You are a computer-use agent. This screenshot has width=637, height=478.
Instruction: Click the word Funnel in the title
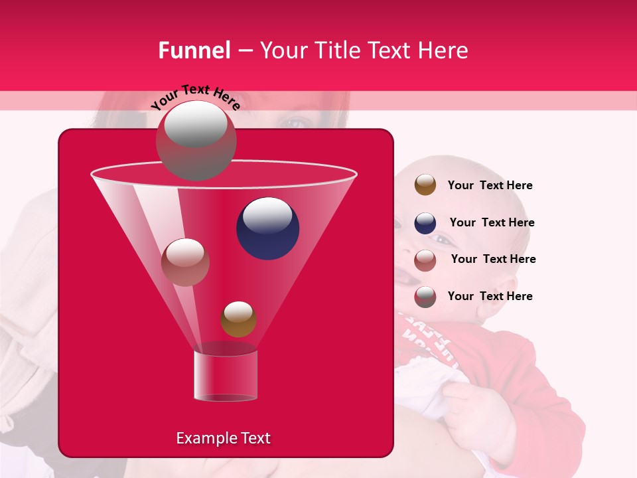pos(194,50)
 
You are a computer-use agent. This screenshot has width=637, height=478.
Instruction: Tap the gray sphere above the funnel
pos(196,140)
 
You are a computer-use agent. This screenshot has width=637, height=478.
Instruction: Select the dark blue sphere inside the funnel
pos(267,228)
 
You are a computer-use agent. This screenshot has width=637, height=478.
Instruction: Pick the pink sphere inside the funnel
pos(185,262)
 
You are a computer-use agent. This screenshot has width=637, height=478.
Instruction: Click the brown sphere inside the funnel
pos(238,319)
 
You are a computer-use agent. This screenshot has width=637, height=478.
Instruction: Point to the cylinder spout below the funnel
pos(225,376)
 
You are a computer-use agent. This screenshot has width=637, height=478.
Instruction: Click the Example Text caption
pos(223,438)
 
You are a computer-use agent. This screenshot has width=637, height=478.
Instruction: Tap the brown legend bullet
pos(425,185)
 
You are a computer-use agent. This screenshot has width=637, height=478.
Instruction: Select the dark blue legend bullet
pos(425,223)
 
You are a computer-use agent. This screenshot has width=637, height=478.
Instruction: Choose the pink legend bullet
pos(425,260)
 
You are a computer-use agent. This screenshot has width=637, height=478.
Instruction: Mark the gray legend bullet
pos(425,297)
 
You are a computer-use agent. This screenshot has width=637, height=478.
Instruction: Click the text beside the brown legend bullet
pos(490,186)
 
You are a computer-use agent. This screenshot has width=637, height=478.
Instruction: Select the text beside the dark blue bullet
pos(492,223)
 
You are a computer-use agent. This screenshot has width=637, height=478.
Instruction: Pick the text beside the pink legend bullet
pos(493,260)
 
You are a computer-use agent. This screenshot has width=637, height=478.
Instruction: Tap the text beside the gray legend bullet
pos(490,297)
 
